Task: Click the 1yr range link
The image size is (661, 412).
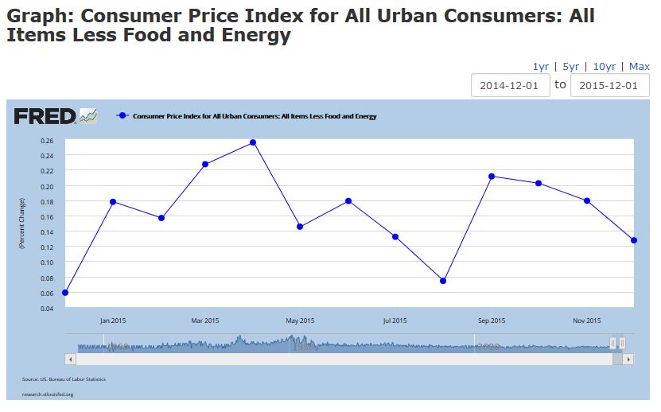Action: (x=541, y=67)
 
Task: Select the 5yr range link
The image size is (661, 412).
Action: (x=570, y=67)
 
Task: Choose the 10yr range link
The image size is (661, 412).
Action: (x=604, y=67)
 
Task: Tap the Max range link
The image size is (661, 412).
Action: (x=639, y=67)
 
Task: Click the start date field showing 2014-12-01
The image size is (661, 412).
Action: (x=510, y=86)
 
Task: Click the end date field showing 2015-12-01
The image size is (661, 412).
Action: (x=609, y=86)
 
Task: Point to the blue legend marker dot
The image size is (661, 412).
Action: (x=122, y=116)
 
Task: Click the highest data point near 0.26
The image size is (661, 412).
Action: (x=253, y=142)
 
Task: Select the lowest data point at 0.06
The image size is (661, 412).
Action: (x=65, y=293)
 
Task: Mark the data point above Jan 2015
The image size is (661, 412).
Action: (x=113, y=202)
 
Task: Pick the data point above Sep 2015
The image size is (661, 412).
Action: (x=492, y=177)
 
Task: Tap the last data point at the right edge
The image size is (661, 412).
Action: (x=634, y=240)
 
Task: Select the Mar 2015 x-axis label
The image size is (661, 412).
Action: (x=205, y=321)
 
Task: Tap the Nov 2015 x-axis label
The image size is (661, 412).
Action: (x=587, y=321)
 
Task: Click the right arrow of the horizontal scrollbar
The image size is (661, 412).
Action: (x=628, y=360)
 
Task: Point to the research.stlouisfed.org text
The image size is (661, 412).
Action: (x=48, y=394)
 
